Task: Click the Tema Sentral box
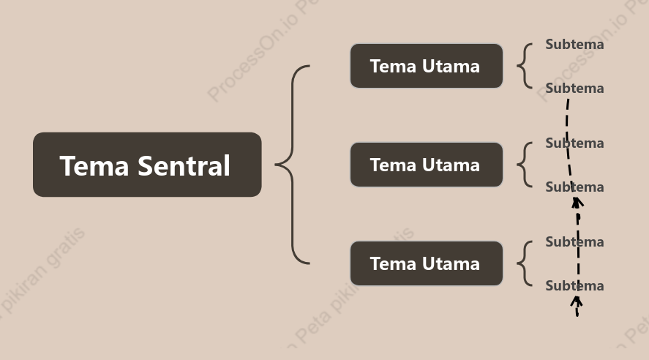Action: (147, 165)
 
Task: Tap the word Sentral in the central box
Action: (184, 166)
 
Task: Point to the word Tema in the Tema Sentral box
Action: (94, 166)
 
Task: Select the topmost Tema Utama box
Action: (427, 66)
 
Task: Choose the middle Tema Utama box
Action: (427, 165)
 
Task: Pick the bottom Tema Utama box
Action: (427, 263)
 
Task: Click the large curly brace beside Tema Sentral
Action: (292, 165)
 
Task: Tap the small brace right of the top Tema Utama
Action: (525, 66)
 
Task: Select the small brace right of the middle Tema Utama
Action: (525, 165)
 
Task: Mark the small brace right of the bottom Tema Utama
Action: (525, 263)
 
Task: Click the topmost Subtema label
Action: (574, 45)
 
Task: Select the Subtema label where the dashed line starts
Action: (574, 88)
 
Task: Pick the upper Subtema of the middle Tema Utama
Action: (574, 143)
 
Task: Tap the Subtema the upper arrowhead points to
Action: (574, 187)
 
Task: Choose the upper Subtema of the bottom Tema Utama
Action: (574, 242)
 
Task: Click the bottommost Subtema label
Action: (574, 286)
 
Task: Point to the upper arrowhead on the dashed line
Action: (577, 203)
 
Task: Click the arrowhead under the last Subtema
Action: (576, 301)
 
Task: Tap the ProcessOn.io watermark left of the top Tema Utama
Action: (263, 49)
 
